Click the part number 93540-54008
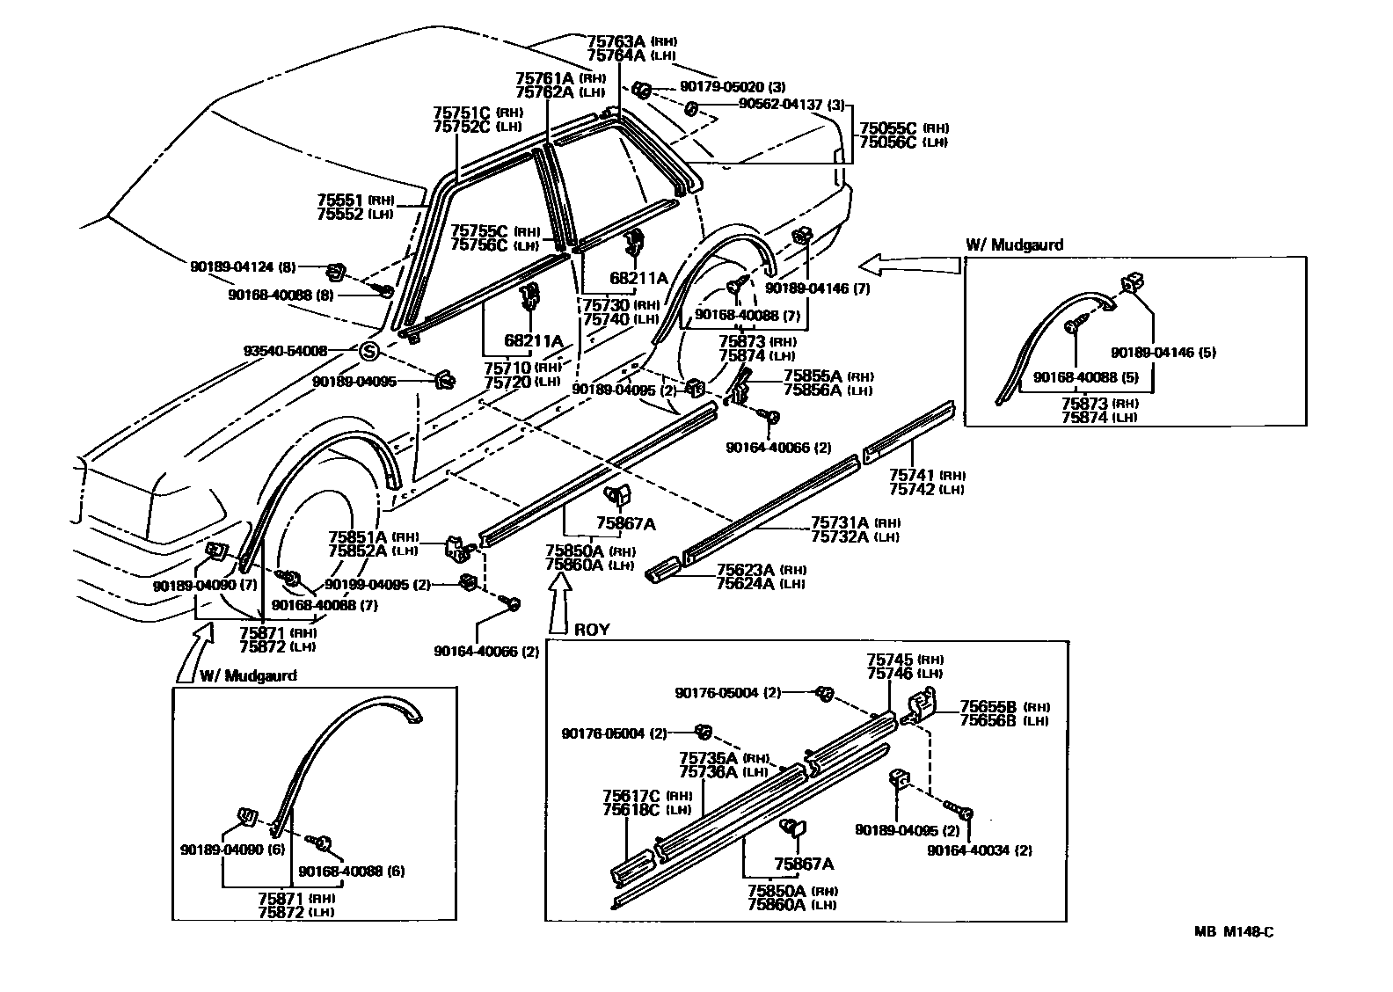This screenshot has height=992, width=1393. click(x=285, y=351)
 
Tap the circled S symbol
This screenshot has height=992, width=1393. click(x=369, y=351)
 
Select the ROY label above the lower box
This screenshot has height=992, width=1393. click(x=592, y=630)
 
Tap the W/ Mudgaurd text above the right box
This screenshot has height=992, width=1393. click(x=1014, y=245)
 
